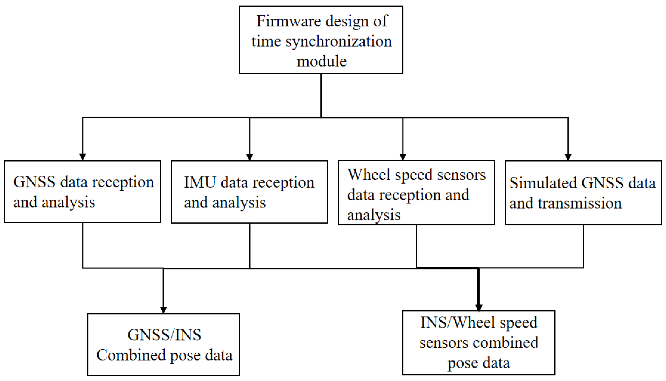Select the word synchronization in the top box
click(x=339, y=42)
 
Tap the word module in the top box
click(x=321, y=61)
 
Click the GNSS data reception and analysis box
click(x=82, y=192)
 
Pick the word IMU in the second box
click(x=200, y=182)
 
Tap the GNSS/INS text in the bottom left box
click(x=164, y=335)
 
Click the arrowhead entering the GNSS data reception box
click(x=83, y=156)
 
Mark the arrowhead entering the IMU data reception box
click(x=249, y=156)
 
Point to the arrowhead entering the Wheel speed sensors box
click(x=403, y=156)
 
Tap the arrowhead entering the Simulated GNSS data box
click(x=568, y=156)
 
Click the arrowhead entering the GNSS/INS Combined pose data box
click(x=163, y=310)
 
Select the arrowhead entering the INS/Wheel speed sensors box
click(x=479, y=308)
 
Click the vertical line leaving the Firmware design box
click(x=321, y=96)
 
